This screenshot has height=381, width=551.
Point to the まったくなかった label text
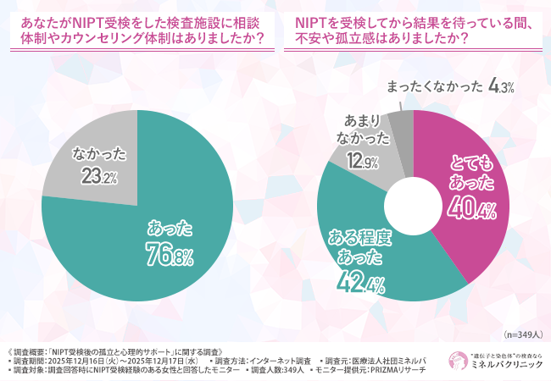(436, 86)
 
